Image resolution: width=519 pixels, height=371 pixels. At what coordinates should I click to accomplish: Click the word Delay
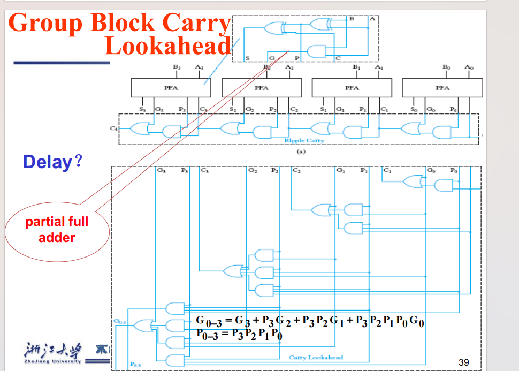[x=47, y=162]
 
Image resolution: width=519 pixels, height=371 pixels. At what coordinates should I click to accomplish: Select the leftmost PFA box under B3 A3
[x=171, y=88]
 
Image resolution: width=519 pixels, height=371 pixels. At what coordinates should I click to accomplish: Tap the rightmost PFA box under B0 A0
[x=442, y=88]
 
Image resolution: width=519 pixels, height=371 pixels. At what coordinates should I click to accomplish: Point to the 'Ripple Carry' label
[x=303, y=141]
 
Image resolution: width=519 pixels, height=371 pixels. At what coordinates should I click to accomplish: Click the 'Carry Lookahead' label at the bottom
[x=315, y=357]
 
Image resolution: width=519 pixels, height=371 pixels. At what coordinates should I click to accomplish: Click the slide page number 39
[x=464, y=362]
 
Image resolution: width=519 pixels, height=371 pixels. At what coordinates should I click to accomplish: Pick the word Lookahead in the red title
[x=167, y=46]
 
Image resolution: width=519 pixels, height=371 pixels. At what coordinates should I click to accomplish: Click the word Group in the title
[x=46, y=22]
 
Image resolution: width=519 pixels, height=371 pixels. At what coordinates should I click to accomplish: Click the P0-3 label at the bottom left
[x=135, y=365]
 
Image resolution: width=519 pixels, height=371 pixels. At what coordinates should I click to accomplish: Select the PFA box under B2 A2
[x=261, y=88]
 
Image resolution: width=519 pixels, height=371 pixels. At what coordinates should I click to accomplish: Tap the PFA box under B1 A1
[x=352, y=88]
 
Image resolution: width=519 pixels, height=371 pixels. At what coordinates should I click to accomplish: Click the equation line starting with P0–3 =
[x=239, y=335]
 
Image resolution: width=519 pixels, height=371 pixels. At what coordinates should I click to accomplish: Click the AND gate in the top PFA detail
[x=316, y=51]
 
